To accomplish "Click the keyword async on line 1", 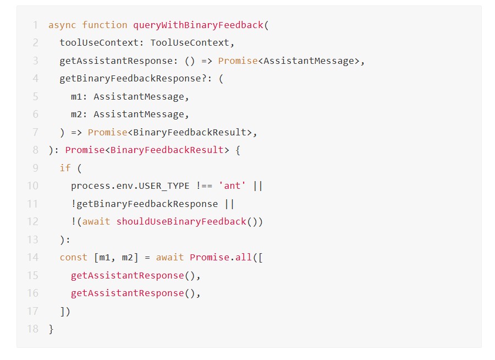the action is pos(62,25).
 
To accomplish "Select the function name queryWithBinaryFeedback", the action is pos(198,25).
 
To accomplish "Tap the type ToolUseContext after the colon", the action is pos(190,43).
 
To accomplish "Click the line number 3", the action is pos(35,61).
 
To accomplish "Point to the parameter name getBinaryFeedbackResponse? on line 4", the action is pos(133,78).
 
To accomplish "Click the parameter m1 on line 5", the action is pos(76,96).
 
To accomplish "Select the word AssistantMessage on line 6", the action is pos(139,114).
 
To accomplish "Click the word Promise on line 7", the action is pos(107,132).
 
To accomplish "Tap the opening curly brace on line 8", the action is pos(238,150).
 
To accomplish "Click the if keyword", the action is pos(65,168).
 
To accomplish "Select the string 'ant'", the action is pos(232,186).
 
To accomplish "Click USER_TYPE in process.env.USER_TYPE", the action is pos(164,186).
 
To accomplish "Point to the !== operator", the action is pos(204,186).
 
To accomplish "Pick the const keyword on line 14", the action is pos(74,257).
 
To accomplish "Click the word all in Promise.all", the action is pos(244,257).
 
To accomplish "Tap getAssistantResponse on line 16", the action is pos(127,293).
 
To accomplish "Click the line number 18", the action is pos(33,329).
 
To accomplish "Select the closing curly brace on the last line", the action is pos(51,329).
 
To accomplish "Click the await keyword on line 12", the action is pos(96,222).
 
